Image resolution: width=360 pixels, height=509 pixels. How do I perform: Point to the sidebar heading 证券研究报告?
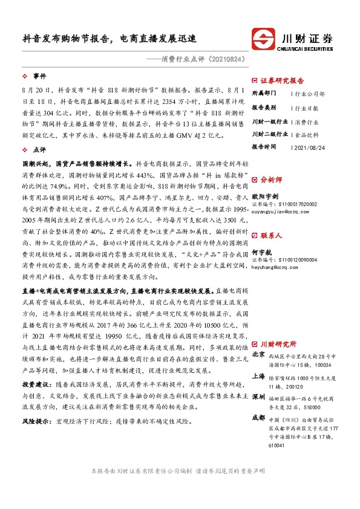tap(282, 80)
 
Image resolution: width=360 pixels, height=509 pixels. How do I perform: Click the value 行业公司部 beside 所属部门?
tap(309, 94)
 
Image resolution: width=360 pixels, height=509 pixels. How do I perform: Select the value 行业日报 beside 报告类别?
tap(306, 107)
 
